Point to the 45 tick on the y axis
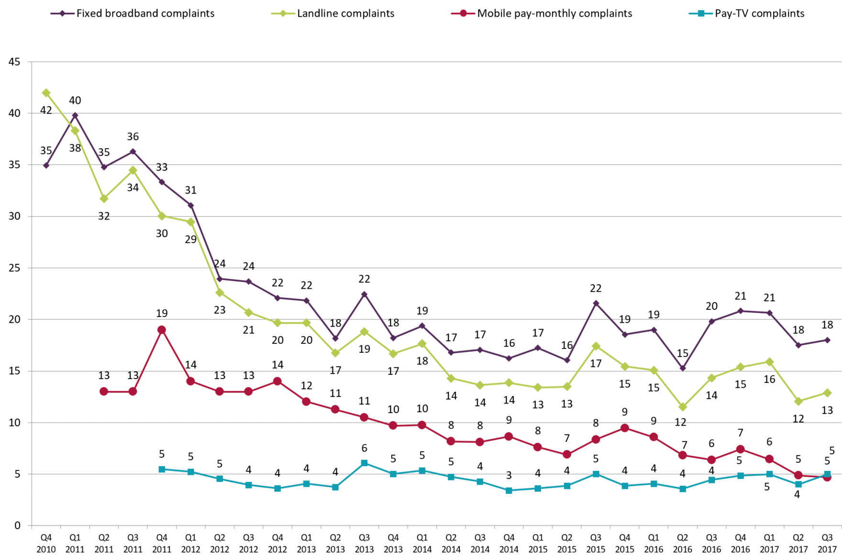14,62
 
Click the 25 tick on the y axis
14,268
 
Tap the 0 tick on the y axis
18,525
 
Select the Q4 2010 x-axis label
46,544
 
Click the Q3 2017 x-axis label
827,544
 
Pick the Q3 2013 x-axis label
364,544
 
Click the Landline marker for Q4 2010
46,93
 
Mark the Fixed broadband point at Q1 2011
75,115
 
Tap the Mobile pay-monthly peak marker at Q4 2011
162,330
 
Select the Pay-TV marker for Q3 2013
364,463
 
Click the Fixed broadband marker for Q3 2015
596,303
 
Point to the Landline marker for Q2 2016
683,407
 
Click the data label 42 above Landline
46,110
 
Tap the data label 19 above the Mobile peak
162,314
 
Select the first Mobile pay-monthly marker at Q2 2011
104,392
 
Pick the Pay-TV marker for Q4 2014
509,491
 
